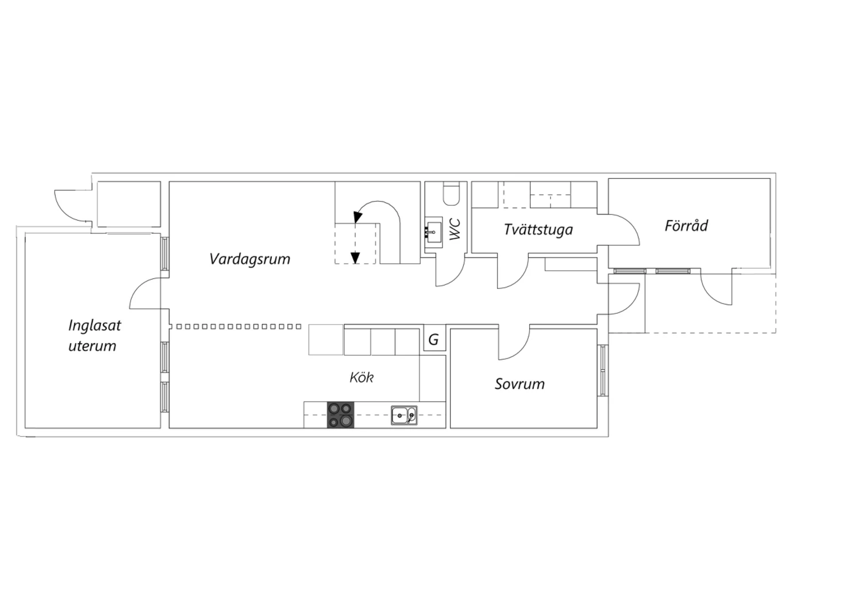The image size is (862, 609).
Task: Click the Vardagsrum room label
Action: [x=250, y=259]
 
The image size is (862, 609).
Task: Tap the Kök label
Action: [x=361, y=377]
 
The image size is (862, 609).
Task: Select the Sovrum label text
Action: [x=519, y=384]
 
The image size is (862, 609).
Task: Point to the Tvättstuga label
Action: [x=538, y=229]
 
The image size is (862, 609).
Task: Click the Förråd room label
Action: [x=686, y=225]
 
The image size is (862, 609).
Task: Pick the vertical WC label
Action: [x=455, y=229]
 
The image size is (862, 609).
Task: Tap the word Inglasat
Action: [x=95, y=326]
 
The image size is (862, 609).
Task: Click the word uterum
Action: [x=93, y=346]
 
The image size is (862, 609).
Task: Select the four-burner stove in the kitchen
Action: [x=341, y=415]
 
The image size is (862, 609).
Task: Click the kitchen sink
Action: [x=404, y=415]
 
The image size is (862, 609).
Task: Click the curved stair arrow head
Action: [x=357, y=217]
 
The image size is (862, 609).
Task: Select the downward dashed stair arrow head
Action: [x=355, y=257]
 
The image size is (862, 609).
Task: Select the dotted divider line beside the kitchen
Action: [x=238, y=327]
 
